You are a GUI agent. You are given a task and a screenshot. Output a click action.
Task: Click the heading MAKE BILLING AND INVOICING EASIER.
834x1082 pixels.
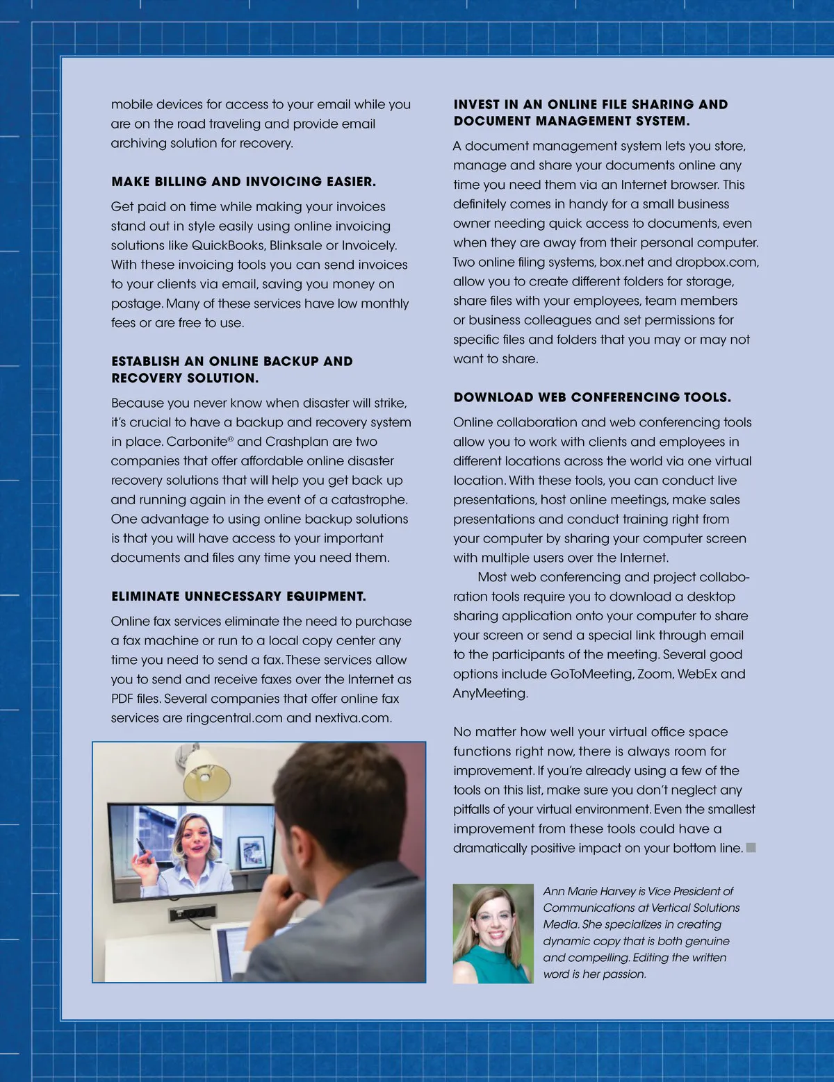pyautogui.click(x=243, y=182)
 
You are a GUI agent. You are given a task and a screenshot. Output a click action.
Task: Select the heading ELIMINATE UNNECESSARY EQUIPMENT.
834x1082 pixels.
pyautogui.click(x=238, y=597)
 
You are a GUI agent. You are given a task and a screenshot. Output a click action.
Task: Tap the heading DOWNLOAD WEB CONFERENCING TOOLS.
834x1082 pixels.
pyautogui.click(x=592, y=398)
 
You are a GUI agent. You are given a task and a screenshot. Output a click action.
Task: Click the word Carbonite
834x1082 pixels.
pyautogui.click(x=197, y=442)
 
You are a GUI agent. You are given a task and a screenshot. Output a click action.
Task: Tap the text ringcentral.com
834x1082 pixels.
pyautogui.click(x=234, y=718)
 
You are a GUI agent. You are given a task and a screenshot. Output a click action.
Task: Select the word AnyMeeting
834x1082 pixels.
pyautogui.click(x=489, y=694)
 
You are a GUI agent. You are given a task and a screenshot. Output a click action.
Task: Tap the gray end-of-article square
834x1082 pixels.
pyautogui.click(x=751, y=848)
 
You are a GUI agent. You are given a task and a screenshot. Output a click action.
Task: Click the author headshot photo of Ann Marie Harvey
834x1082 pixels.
pyautogui.click(x=493, y=933)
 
